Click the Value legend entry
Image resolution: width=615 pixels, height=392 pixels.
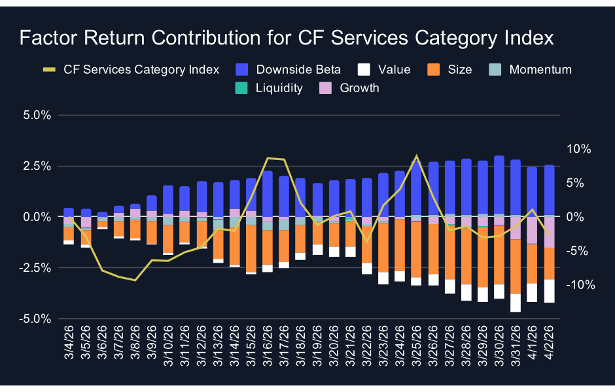(384, 70)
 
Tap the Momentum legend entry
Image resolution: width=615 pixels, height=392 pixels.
(530, 70)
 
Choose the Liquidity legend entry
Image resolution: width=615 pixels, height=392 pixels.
(269, 88)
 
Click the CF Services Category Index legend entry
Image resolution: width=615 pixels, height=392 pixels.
(131, 70)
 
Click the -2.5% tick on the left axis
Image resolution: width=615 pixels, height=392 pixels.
(36, 267)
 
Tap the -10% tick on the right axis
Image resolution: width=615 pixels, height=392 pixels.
(578, 285)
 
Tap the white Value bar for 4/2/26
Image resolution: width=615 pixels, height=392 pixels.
(549, 291)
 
